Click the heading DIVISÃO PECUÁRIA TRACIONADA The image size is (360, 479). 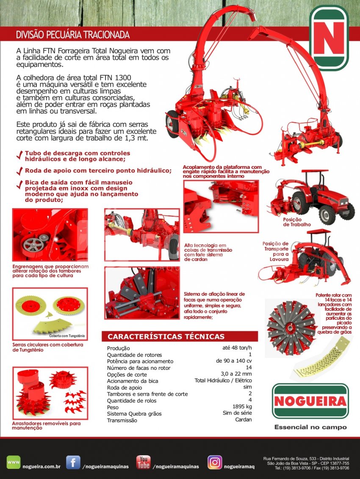[x=73, y=35]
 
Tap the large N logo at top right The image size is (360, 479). [x=329, y=38]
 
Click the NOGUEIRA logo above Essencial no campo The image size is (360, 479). [x=310, y=401]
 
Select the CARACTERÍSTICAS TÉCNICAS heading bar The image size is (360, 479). [x=180, y=336]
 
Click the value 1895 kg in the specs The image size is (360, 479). [x=242, y=406]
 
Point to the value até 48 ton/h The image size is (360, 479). [x=237, y=348]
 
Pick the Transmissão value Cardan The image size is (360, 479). [x=244, y=419]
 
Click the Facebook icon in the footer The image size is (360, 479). [x=73, y=462]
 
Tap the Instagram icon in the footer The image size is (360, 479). [x=215, y=462]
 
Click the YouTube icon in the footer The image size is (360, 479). [x=144, y=462]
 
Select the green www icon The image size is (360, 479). [x=14, y=462]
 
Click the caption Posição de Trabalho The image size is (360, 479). [x=297, y=222]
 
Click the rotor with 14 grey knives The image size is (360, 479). [x=291, y=328]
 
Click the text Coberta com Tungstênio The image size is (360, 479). [x=67, y=336]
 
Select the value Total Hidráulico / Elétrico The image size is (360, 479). [x=223, y=380]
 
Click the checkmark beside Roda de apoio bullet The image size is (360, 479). [x=20, y=171]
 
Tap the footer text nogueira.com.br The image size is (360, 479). [x=42, y=467]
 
